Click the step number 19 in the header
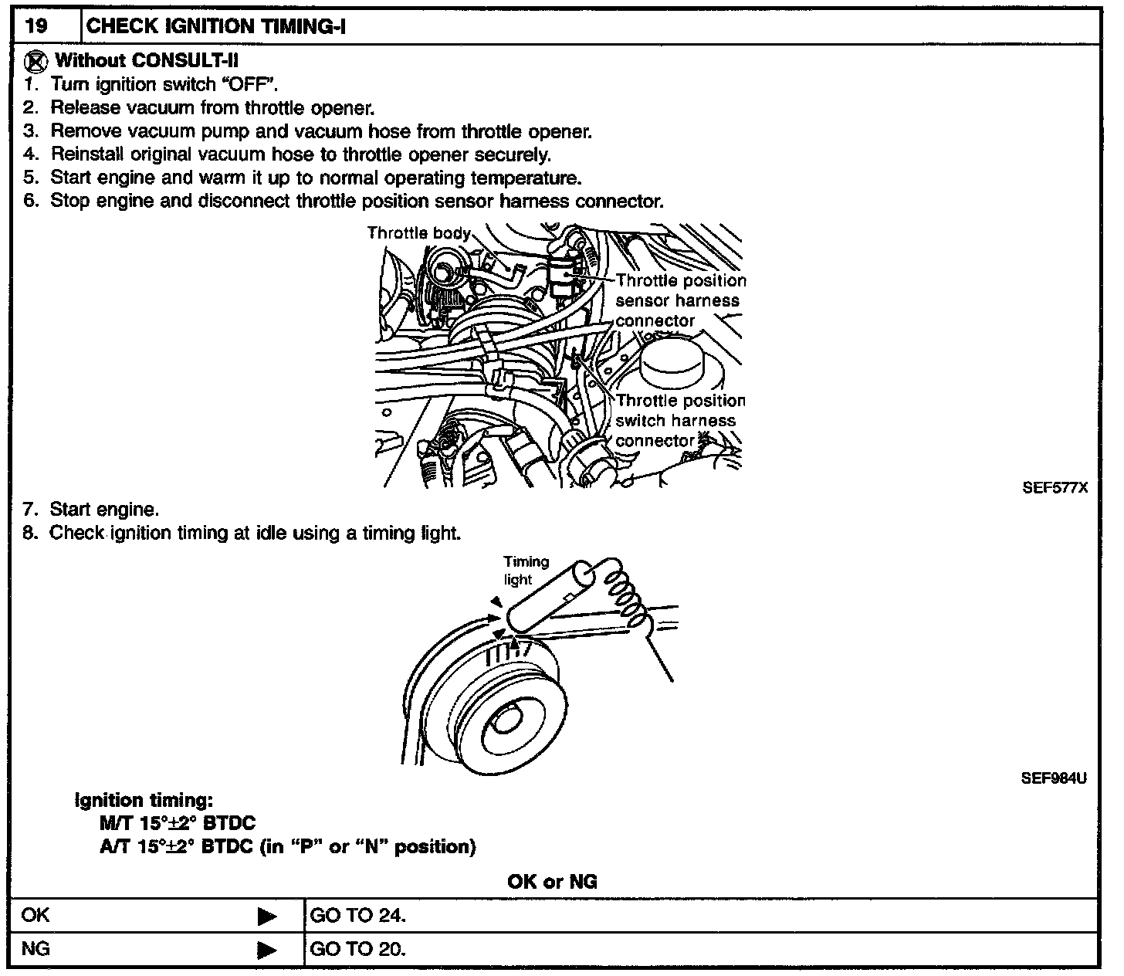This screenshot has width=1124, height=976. click(36, 26)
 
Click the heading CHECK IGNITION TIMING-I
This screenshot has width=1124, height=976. click(216, 26)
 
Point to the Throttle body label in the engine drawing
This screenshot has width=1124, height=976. click(418, 232)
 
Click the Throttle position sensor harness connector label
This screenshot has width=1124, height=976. click(679, 300)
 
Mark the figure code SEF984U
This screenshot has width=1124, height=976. click(1054, 778)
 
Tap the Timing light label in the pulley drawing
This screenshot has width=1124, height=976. click(526, 571)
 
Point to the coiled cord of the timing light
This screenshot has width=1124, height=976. click(624, 589)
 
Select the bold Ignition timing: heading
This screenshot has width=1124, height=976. click(144, 801)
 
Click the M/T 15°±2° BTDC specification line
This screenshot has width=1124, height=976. click(178, 824)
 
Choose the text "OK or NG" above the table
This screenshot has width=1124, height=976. click(552, 882)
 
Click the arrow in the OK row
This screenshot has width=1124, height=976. click(267, 917)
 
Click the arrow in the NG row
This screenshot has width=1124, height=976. click(267, 949)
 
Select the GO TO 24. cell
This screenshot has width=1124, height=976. click(357, 917)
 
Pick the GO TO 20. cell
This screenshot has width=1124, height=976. click(357, 949)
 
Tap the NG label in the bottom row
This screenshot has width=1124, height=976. click(36, 949)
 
